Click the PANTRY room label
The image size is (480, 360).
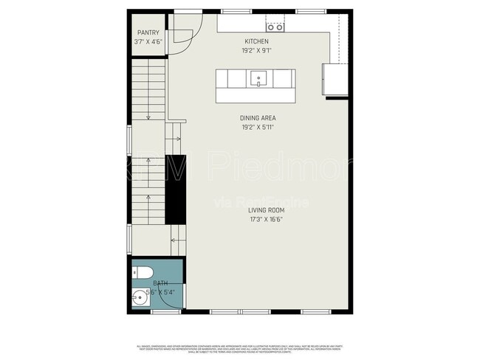click(148, 32)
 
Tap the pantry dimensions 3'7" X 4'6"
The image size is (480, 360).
click(148, 42)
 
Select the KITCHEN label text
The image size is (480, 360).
click(256, 41)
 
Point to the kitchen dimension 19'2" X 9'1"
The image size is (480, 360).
click(256, 51)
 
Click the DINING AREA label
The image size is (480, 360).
click(258, 118)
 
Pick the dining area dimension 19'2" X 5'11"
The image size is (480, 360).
click(258, 128)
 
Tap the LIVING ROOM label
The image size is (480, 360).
click(266, 210)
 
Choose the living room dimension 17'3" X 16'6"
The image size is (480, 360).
click(266, 219)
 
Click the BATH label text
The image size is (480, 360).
click(160, 283)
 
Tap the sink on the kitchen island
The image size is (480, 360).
click(259, 77)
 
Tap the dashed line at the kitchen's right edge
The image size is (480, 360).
click(339, 37)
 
